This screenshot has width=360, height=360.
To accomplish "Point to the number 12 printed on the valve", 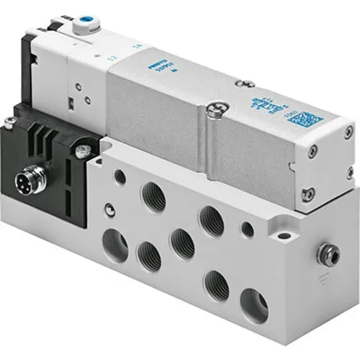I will pyautogui.click(x=109, y=57).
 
